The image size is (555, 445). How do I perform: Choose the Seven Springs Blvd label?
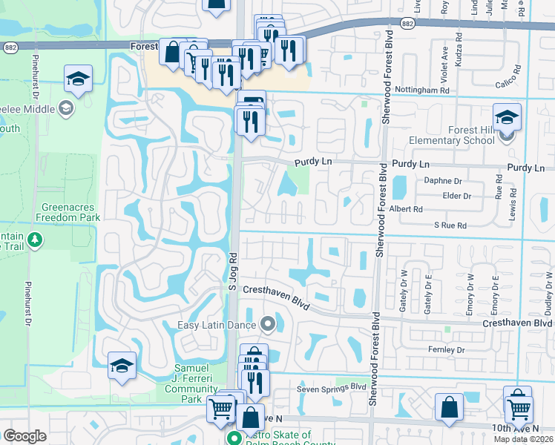click(x=332, y=387)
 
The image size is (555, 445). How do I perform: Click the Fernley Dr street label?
click(x=446, y=349)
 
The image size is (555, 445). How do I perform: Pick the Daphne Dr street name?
click(x=442, y=181)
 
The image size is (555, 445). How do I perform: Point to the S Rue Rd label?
click(x=450, y=225)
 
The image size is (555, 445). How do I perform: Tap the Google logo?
click(x=24, y=436)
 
